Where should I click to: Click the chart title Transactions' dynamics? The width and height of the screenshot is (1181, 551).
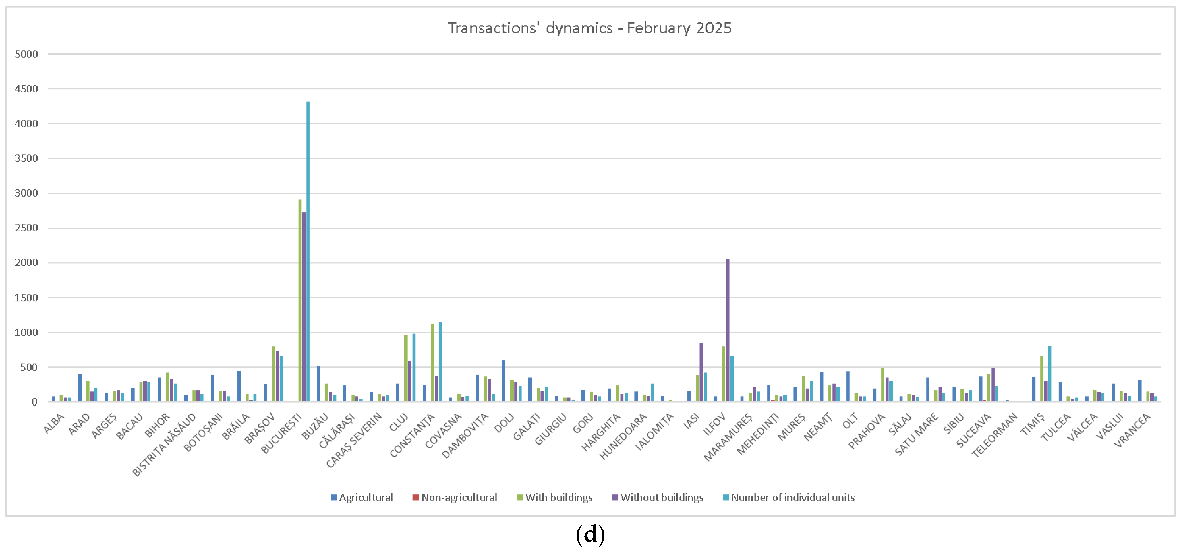tap(589, 28)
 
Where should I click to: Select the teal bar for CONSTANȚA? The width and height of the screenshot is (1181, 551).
tap(440, 362)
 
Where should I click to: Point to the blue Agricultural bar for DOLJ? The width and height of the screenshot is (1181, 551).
tap(503, 381)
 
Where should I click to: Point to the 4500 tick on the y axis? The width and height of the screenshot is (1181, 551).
tap(26, 89)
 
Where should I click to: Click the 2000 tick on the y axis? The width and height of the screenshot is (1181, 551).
tap(26, 263)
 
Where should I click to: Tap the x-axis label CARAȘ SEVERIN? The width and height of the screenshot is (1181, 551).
tap(354, 440)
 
